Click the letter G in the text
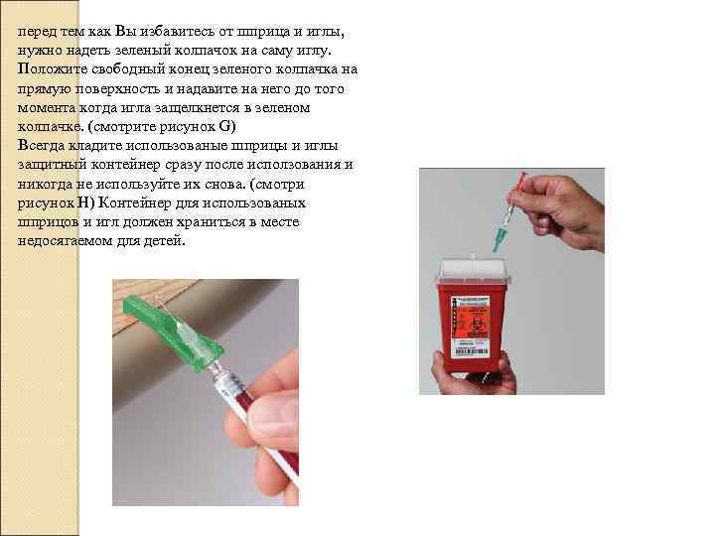(225, 126)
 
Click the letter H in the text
(83, 202)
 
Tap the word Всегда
(41, 146)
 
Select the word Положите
(53, 69)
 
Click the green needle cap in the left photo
(173, 331)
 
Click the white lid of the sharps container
(474, 271)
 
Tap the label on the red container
(470, 327)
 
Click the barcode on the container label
(470, 351)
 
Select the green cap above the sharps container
(499, 238)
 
